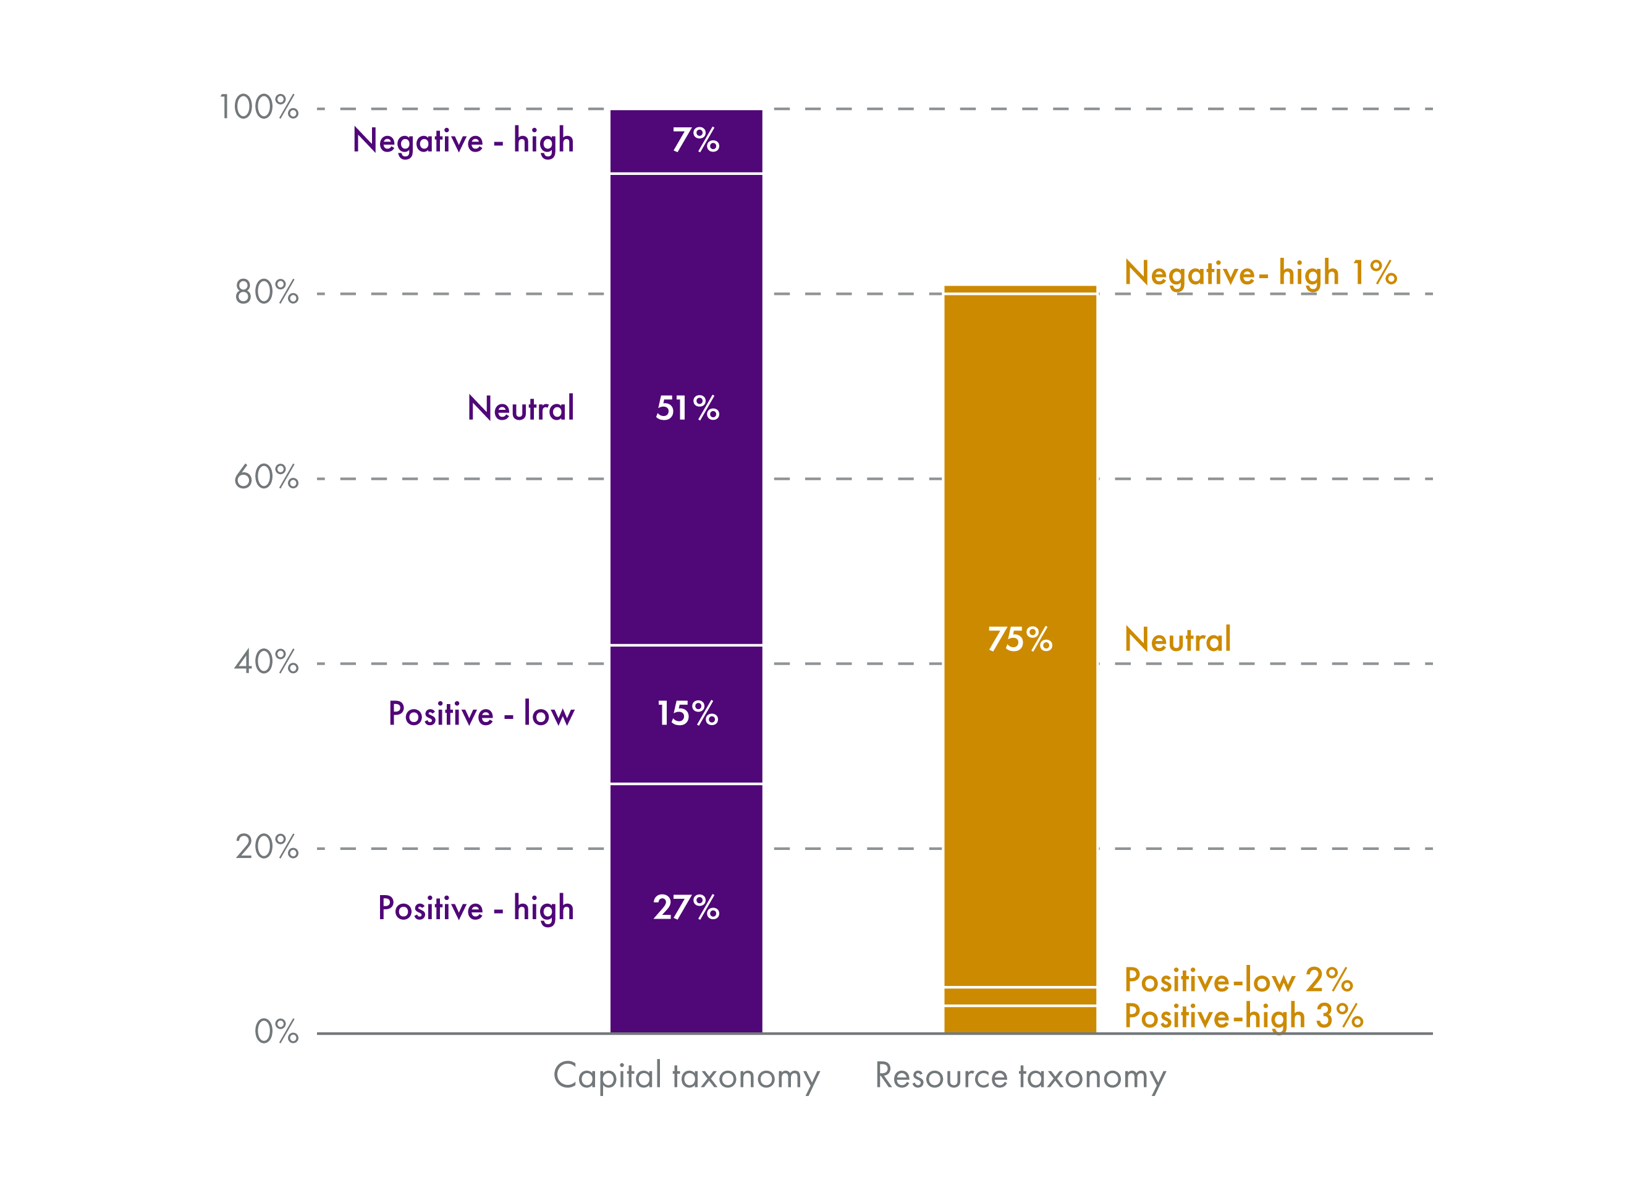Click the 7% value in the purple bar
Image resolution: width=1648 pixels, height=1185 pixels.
pos(695,140)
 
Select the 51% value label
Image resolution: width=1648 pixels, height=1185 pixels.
pos(687,408)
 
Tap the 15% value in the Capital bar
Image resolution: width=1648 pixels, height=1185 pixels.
pos(687,713)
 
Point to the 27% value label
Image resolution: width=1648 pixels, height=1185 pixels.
pos(686,907)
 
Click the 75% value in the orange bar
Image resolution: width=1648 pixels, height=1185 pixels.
pos(1020,639)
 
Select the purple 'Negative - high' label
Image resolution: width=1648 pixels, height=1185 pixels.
pos(463,141)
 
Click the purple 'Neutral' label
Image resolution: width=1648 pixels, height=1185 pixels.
pos(520,409)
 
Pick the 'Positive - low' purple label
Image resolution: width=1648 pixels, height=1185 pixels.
pos(481,714)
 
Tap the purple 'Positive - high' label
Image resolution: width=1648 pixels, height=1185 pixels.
pos(475,909)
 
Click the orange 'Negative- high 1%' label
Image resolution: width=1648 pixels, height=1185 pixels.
pos(1260,273)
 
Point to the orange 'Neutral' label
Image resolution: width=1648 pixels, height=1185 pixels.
pos(1177,640)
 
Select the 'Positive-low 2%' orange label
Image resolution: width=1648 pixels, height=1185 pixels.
pos(1238,980)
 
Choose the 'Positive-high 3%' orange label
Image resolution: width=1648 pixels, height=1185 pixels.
pos(1243,1016)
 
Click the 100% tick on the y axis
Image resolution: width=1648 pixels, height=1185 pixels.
pos(259,108)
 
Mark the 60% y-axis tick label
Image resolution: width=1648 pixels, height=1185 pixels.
pos(266,478)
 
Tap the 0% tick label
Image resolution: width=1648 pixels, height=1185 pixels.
pos(276,1032)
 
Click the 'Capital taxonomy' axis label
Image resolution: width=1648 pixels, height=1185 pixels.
pos(686,1077)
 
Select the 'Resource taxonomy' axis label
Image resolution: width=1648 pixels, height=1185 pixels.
pos(1020,1077)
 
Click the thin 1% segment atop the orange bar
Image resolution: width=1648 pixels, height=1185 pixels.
pos(1020,289)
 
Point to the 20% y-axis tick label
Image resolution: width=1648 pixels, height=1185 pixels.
pos(266,847)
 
